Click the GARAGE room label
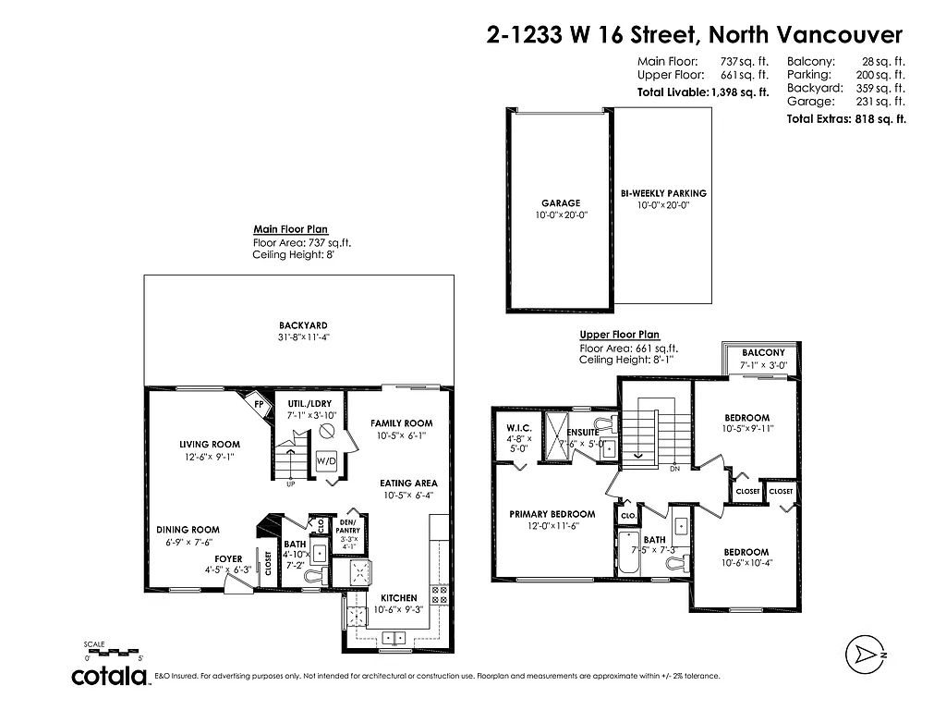pyautogui.click(x=561, y=203)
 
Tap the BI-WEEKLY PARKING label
pyautogui.click(x=663, y=193)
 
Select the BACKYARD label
pyautogui.click(x=304, y=325)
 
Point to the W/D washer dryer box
pyautogui.click(x=326, y=460)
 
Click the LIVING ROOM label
pyautogui.click(x=210, y=445)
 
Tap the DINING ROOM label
pyautogui.click(x=188, y=530)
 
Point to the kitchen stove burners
pyautogui.click(x=440, y=598)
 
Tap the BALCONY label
pyautogui.click(x=763, y=353)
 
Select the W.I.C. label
pyautogui.click(x=516, y=427)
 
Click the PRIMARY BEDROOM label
pyautogui.click(x=552, y=514)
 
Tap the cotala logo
pyautogui.click(x=111, y=677)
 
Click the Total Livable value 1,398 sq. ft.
pyautogui.click(x=739, y=92)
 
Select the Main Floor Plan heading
pyautogui.click(x=290, y=229)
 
